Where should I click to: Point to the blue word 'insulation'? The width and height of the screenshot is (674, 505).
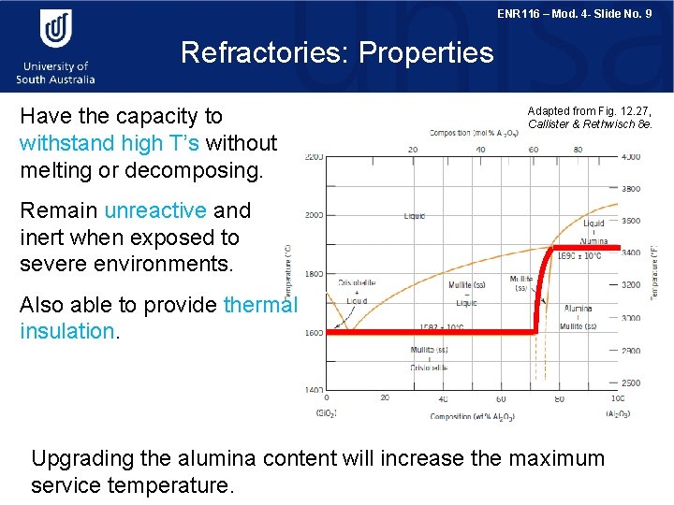pyautogui.click(x=66, y=331)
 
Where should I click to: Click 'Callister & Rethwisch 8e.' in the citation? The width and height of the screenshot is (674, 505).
pyautogui.click(x=590, y=124)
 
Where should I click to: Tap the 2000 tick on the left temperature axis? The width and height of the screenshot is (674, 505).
pyautogui.click(x=314, y=215)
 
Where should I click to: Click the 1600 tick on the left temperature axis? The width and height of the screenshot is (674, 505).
pyautogui.click(x=314, y=332)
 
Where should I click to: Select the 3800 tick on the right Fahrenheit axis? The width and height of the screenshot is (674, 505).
pyautogui.click(x=631, y=188)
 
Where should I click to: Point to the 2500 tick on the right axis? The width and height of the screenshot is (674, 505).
pyautogui.click(x=631, y=383)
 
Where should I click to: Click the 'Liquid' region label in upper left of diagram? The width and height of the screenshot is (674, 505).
pyautogui.click(x=415, y=216)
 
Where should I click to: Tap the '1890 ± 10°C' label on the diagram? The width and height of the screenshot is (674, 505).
pyautogui.click(x=580, y=255)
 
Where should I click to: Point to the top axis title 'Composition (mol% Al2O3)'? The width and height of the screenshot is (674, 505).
pyautogui.click(x=475, y=133)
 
